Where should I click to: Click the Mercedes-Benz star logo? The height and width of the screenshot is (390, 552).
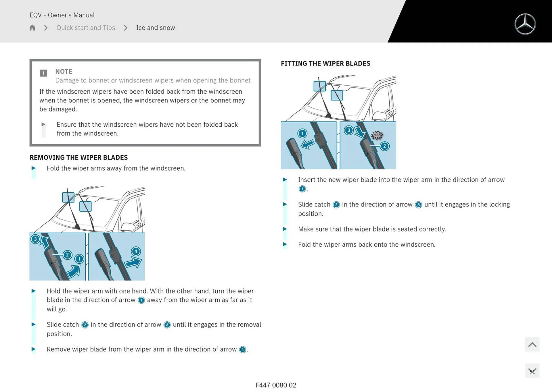(x=525, y=24)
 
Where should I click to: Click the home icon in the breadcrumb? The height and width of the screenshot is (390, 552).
(x=32, y=28)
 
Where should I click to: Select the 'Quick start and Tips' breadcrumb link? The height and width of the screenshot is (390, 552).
(x=86, y=28)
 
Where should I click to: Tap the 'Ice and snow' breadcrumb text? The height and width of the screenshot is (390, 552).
(x=156, y=28)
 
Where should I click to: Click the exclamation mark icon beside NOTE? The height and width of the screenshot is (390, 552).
(x=43, y=73)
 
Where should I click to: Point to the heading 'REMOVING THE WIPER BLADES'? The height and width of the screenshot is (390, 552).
(x=78, y=157)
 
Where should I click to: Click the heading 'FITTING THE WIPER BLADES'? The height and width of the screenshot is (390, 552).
(x=325, y=63)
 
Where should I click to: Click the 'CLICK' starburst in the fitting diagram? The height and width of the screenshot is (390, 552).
(x=377, y=135)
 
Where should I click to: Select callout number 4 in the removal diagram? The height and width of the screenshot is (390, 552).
(x=136, y=251)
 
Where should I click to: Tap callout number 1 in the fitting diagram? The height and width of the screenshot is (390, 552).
(x=302, y=133)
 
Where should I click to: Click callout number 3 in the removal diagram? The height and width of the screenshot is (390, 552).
(x=35, y=239)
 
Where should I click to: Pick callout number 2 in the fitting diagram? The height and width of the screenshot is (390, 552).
(x=385, y=146)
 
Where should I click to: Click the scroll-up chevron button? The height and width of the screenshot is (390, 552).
(x=532, y=344)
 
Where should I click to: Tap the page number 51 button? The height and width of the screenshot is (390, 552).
(x=532, y=371)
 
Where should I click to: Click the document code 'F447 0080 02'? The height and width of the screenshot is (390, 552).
(x=276, y=385)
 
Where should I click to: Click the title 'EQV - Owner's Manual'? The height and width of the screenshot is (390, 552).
(x=62, y=15)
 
